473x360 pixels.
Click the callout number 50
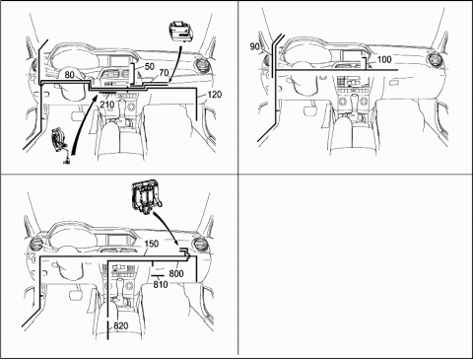point(150,67)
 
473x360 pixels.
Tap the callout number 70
point(164,73)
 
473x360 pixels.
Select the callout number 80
point(70,75)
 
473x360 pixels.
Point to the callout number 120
point(215,95)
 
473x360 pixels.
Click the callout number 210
point(107,105)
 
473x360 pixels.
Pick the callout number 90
point(254,46)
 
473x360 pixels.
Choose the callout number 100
point(384,59)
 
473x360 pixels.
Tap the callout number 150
point(152,244)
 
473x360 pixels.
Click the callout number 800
point(176,273)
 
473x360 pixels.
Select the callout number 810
point(161,284)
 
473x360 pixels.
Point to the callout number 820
point(121,326)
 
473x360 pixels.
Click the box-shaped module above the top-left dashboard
point(180,33)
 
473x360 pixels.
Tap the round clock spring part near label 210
point(60,140)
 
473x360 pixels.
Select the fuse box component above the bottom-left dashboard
point(147,197)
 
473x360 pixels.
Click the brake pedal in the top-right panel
point(309,111)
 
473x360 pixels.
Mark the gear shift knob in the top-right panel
point(355,100)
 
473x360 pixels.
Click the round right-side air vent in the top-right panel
point(436,60)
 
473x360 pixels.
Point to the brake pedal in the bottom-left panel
point(75,293)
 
